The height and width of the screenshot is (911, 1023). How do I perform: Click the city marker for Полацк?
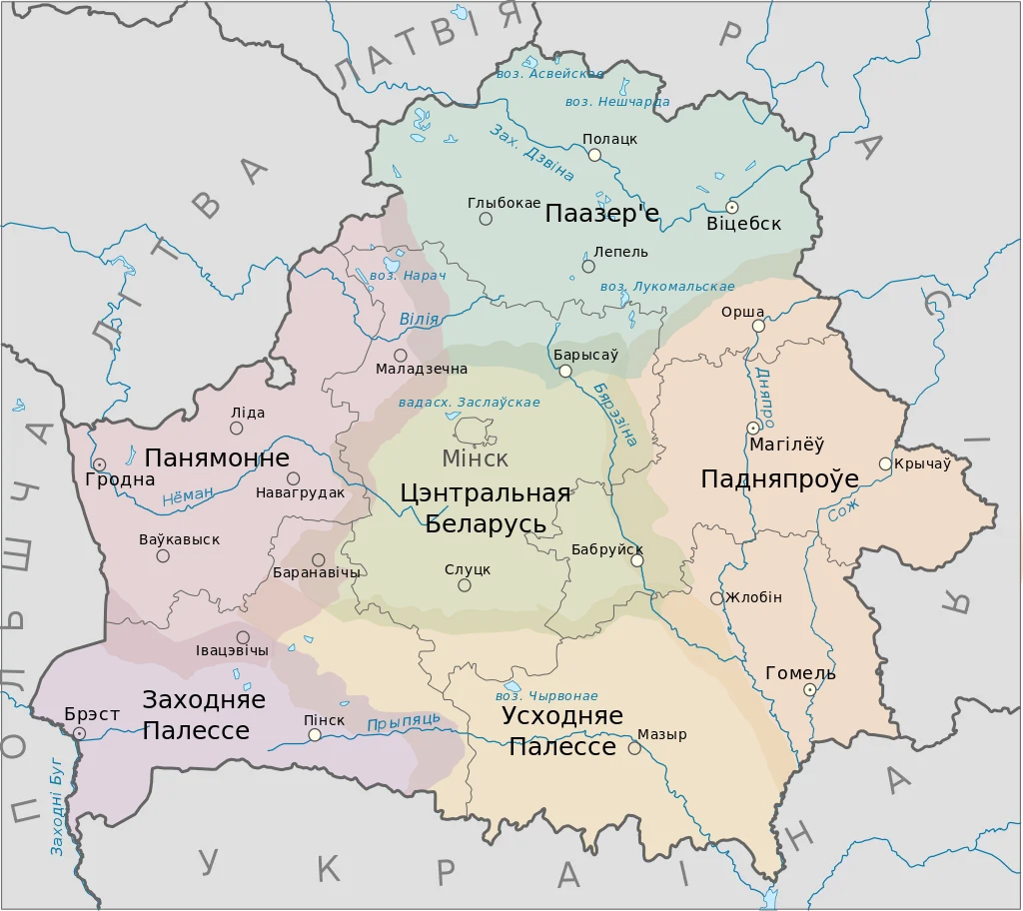pos(594,155)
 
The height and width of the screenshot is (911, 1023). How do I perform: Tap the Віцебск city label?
pos(743,224)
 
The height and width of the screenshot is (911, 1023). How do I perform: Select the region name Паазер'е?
pos(602,213)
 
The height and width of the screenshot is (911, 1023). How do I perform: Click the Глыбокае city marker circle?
pos(486,219)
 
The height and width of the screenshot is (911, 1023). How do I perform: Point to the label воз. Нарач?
pos(407,275)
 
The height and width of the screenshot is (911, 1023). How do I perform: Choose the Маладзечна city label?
pos(422,370)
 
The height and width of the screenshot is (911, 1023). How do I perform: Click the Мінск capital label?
pos(476,458)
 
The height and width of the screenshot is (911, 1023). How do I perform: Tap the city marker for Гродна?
pos(100,464)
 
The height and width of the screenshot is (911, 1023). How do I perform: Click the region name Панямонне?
pos(217,458)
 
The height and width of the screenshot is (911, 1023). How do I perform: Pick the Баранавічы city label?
pos(317,573)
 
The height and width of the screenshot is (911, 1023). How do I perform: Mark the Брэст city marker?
pos(79,733)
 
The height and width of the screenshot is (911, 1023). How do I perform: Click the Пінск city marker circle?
pos(315,735)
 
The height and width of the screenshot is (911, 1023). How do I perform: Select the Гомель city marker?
pos(810,689)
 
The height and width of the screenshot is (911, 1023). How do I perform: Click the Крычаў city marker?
pos(885,463)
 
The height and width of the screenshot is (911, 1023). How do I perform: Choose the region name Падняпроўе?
pos(779,478)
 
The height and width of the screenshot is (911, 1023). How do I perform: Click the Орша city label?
pos(742,312)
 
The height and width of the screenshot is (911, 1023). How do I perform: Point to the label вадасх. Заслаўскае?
pos(469,403)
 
